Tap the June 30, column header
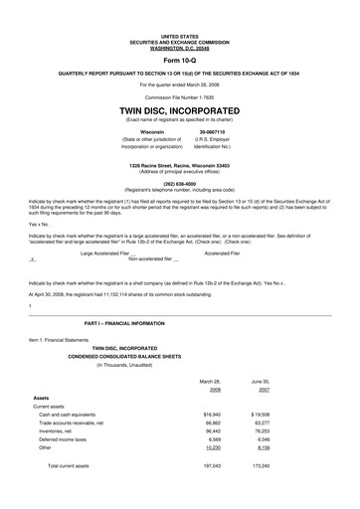[x=260, y=381]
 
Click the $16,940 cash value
[x=211, y=414]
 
